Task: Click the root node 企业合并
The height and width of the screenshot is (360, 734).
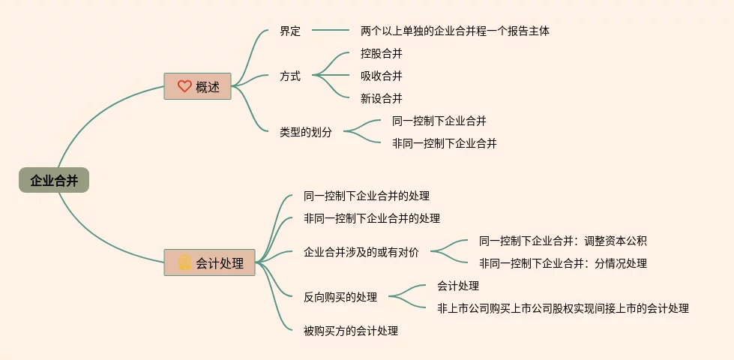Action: (54, 181)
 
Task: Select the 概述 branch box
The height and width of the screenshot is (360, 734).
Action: (198, 86)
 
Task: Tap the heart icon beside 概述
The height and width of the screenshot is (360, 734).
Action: (184, 86)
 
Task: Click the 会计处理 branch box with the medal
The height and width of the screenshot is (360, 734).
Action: (209, 262)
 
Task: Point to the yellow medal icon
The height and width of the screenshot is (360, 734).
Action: (184, 262)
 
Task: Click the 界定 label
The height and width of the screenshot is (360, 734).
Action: (290, 31)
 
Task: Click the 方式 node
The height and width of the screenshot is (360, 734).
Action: (290, 76)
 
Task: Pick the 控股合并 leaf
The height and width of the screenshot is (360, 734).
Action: (381, 53)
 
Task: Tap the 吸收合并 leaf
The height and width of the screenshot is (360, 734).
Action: (381, 76)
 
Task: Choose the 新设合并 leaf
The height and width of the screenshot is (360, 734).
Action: (381, 98)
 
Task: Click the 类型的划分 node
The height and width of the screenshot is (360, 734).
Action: (306, 132)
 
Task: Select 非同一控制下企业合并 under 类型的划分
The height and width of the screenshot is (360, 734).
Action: (444, 143)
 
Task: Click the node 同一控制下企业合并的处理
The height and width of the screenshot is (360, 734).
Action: (367, 196)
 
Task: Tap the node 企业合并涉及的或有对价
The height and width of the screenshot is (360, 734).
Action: (361, 252)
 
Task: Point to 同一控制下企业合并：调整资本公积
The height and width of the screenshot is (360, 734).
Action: (562, 241)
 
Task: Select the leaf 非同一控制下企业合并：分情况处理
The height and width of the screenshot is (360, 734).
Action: (562, 263)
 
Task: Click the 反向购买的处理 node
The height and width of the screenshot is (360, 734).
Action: (340, 297)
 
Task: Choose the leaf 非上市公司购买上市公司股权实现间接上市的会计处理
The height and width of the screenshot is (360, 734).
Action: (562, 308)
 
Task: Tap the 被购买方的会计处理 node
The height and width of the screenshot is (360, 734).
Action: (351, 331)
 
